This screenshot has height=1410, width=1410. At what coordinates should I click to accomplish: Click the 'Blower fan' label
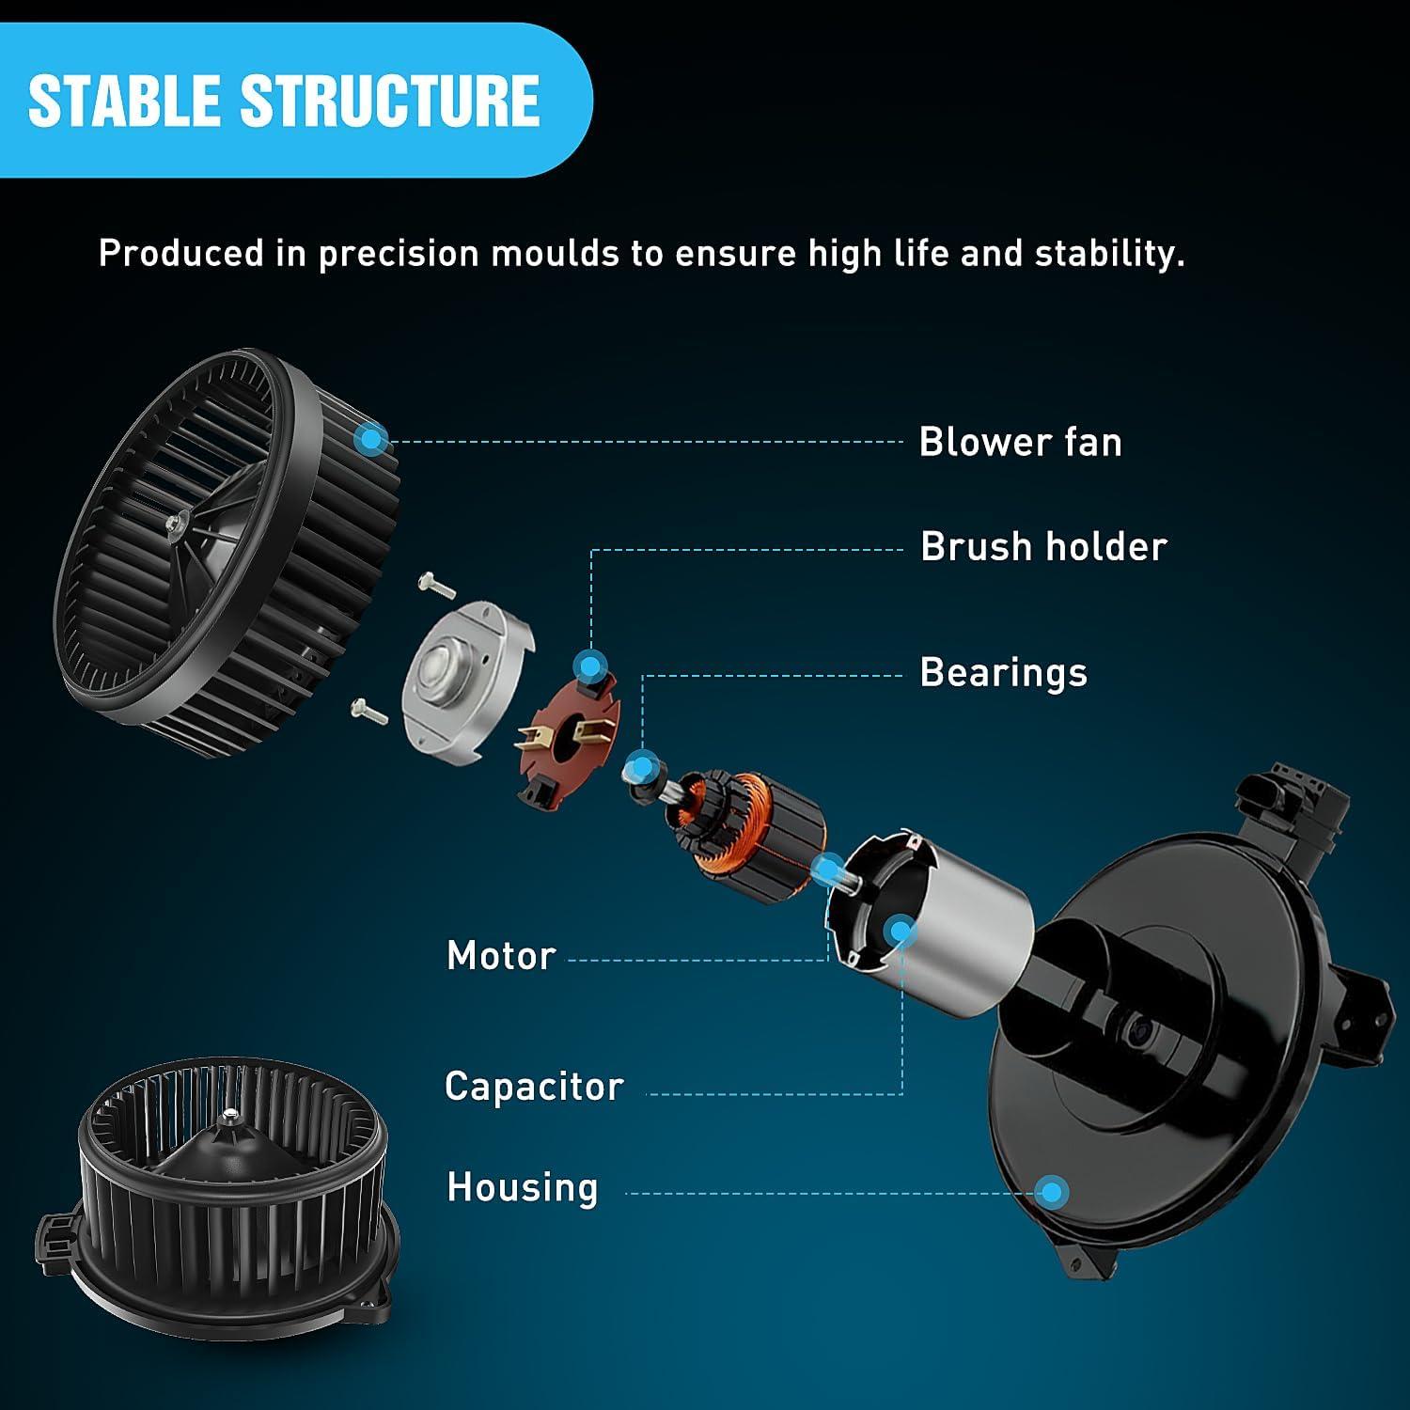tap(1020, 442)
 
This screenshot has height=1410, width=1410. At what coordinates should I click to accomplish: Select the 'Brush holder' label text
tap(1043, 546)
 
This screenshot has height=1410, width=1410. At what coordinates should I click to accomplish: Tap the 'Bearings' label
tap(1003, 673)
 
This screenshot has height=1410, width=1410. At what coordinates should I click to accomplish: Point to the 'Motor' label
tap(501, 956)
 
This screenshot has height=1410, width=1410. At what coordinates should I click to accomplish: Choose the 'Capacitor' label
tap(534, 1087)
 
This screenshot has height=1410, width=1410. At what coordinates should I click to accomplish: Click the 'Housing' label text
tap(522, 1187)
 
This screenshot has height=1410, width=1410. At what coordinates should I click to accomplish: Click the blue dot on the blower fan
tap(373, 438)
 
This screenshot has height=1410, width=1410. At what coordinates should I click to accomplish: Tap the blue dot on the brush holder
tap(590, 667)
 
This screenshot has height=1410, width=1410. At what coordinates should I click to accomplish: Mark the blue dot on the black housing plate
tap(1053, 1192)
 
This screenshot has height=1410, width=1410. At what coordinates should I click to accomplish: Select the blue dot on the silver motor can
tap(901, 932)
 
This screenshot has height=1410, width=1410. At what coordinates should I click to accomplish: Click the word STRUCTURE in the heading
tap(391, 101)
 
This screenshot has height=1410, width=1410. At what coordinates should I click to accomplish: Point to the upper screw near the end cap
tap(437, 585)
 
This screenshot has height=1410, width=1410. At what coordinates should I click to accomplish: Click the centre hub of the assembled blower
tap(228, 1119)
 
